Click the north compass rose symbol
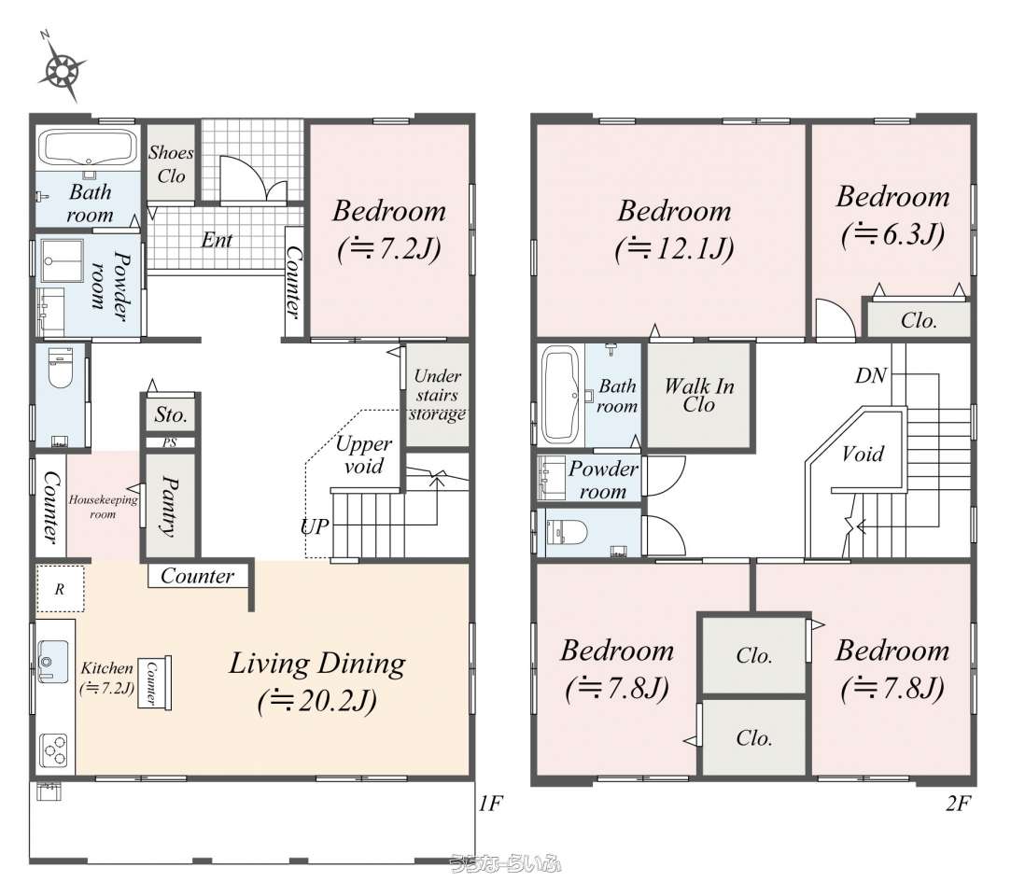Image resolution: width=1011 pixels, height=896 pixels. (x=62, y=68)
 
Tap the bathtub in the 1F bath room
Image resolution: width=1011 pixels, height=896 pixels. (x=88, y=148)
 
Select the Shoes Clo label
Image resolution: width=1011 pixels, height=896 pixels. (x=171, y=164)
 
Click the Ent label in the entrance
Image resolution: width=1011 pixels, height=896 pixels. (x=217, y=240)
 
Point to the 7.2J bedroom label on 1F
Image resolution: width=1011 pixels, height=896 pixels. (x=388, y=230)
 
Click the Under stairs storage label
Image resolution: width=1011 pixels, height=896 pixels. (x=438, y=395)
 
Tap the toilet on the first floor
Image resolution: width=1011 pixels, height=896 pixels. (x=62, y=368)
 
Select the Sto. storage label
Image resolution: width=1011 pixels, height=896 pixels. (x=171, y=414)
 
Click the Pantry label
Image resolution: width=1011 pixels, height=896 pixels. (x=170, y=506)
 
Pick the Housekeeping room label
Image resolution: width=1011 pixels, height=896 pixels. (x=104, y=506)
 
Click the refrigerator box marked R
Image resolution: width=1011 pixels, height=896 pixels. (x=60, y=589)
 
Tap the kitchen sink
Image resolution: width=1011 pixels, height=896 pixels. (x=51, y=662)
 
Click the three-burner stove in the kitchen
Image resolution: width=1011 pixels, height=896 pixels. (x=53, y=750)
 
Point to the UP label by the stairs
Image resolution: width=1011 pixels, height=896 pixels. (x=315, y=526)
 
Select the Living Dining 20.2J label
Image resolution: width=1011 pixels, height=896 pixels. (x=317, y=682)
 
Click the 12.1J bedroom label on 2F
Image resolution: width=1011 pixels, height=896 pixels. (x=674, y=230)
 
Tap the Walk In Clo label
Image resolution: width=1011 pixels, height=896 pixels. (x=699, y=395)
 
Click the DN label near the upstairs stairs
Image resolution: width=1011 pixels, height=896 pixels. (x=871, y=375)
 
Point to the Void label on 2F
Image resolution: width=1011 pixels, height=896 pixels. (x=863, y=454)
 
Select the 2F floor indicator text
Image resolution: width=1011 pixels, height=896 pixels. (x=958, y=804)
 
